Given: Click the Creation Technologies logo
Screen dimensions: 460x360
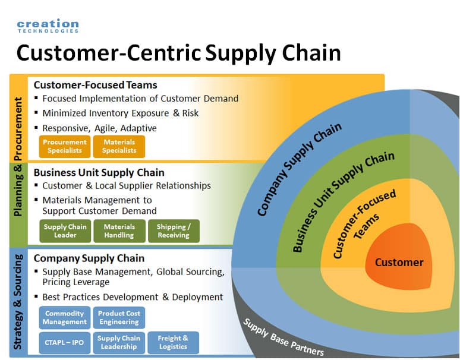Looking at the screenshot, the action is [x=48, y=26].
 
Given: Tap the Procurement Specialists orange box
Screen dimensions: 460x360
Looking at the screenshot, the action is [x=65, y=147].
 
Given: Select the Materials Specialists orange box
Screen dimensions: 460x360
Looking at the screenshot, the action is [x=119, y=147].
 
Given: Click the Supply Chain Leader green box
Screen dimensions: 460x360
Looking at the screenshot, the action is [x=65, y=231].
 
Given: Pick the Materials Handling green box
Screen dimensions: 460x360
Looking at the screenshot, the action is [x=119, y=231].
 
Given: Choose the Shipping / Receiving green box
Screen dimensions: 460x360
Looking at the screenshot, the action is [x=174, y=231].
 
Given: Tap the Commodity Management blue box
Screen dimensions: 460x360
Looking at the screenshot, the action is [x=65, y=317].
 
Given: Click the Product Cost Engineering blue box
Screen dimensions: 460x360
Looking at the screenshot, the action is [x=119, y=317].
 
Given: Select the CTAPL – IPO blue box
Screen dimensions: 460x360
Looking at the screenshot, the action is [x=65, y=343].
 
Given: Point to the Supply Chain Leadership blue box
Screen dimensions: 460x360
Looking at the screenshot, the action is [x=119, y=343].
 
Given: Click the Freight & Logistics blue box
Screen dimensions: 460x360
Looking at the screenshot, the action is [x=174, y=343].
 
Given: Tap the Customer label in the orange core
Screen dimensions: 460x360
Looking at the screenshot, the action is [x=399, y=263].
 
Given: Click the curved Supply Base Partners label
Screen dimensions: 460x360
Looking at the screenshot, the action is [x=283, y=337].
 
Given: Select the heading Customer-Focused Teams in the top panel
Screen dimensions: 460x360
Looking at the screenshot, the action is [x=95, y=85].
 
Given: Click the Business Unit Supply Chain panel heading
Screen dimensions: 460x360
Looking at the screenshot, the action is [x=99, y=172].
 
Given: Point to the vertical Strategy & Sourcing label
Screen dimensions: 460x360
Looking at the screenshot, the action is [x=18, y=302].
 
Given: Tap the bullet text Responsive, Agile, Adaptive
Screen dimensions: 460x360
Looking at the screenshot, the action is [x=99, y=128].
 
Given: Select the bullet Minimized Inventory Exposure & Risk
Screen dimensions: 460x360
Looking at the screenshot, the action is [x=120, y=113].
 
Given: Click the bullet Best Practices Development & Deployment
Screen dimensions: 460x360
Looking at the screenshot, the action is [x=133, y=297].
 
